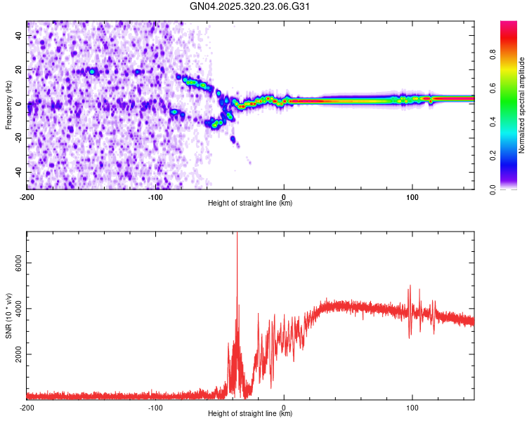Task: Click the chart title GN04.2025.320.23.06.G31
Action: tap(250, 7)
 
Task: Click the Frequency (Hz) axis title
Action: tap(8, 105)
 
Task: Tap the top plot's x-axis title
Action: tap(250, 203)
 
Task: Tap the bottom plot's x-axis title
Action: tap(250, 414)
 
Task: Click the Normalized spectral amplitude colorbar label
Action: tap(521, 105)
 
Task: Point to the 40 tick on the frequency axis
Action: tap(19, 36)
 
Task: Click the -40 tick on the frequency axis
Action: tap(18, 172)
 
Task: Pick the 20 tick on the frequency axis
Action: tap(19, 70)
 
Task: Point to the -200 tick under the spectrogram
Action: tap(27, 195)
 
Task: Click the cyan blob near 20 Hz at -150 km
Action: tap(91, 72)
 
